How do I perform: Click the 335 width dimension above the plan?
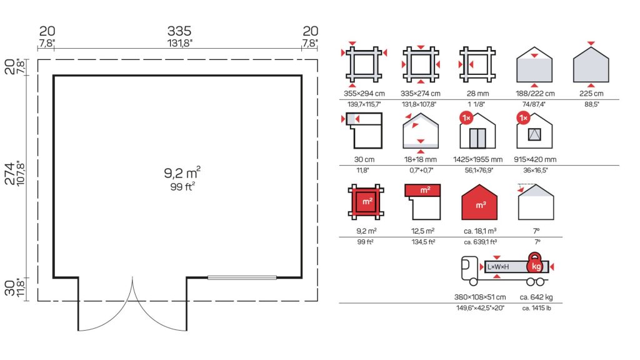coord(179,31)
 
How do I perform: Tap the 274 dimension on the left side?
coord(9,173)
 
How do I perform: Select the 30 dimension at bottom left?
coord(9,287)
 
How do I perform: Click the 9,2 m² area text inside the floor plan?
coord(182,172)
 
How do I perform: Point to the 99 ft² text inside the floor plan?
coord(182,187)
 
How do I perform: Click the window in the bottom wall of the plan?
coord(242,277)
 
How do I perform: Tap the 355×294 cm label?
coord(364,94)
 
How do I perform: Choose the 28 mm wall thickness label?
coord(477,94)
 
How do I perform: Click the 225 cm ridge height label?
coord(591,94)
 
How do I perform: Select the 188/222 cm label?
coord(535,94)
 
